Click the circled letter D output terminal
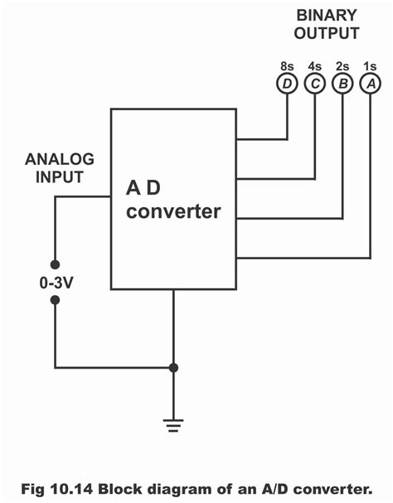click(287, 83)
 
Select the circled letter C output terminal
click(314, 83)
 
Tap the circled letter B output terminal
click(342, 83)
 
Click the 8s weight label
click(287, 65)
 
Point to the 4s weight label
click(314, 65)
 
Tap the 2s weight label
click(342, 65)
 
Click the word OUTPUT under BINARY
click(327, 34)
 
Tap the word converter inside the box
click(173, 211)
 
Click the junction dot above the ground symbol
click(173, 367)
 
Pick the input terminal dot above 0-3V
click(55, 259)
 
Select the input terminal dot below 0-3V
click(55, 300)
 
